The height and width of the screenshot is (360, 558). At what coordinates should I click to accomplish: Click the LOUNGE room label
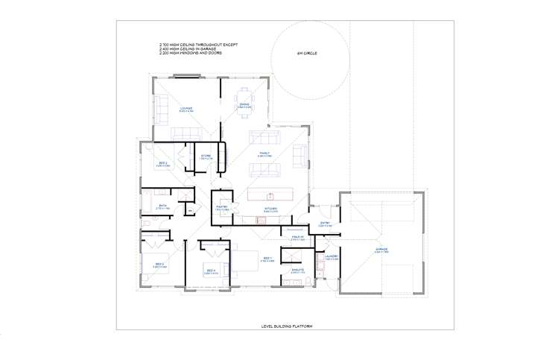pyautogui.click(x=186, y=109)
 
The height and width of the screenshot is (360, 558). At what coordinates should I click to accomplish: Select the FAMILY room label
pyautogui.click(x=264, y=154)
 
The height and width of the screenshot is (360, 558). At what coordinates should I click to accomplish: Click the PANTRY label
pyautogui.click(x=221, y=208)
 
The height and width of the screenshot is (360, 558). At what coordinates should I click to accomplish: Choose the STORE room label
pyautogui.click(x=206, y=156)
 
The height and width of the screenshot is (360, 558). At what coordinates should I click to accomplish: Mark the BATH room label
pyautogui.click(x=162, y=206)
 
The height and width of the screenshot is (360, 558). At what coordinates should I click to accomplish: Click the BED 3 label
pyautogui.click(x=160, y=265)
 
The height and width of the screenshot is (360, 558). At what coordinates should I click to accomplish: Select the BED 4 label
pyautogui.click(x=212, y=271)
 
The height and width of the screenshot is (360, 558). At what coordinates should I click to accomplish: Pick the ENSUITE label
pyautogui.click(x=298, y=271)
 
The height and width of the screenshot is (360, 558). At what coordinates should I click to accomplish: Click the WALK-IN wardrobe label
pyautogui.click(x=297, y=238)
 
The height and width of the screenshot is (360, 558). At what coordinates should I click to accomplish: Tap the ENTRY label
pyautogui.click(x=325, y=223)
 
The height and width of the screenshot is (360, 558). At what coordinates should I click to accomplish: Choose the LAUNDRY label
pyautogui.click(x=332, y=257)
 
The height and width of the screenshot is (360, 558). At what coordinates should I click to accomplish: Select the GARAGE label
pyautogui.click(x=381, y=250)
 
